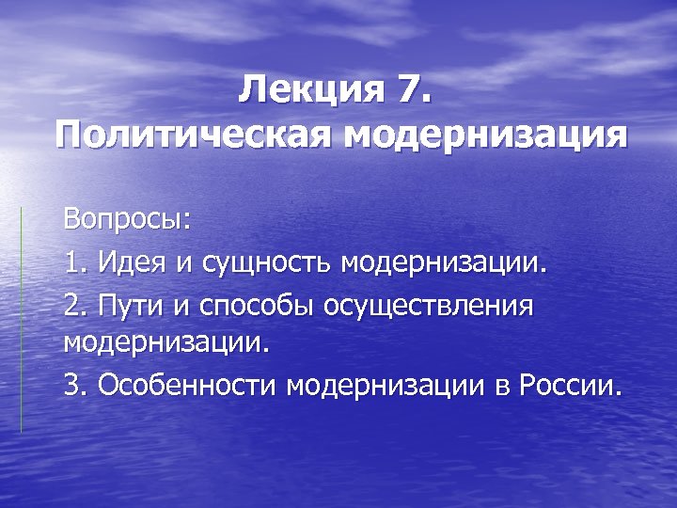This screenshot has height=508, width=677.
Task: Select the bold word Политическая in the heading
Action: tap(194, 134)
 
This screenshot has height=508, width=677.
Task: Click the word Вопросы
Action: tap(126, 223)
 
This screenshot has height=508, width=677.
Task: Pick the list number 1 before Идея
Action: tap(73, 263)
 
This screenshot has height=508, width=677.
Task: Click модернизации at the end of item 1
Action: tap(443, 263)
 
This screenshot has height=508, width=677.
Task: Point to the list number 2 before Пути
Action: tap(73, 305)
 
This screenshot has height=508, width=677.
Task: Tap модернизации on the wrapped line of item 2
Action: tap(165, 341)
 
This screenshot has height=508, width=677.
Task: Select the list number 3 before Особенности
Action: tap(73, 386)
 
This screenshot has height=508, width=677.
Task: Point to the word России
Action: tap(569, 386)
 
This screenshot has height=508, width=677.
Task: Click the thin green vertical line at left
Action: tap(21, 320)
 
